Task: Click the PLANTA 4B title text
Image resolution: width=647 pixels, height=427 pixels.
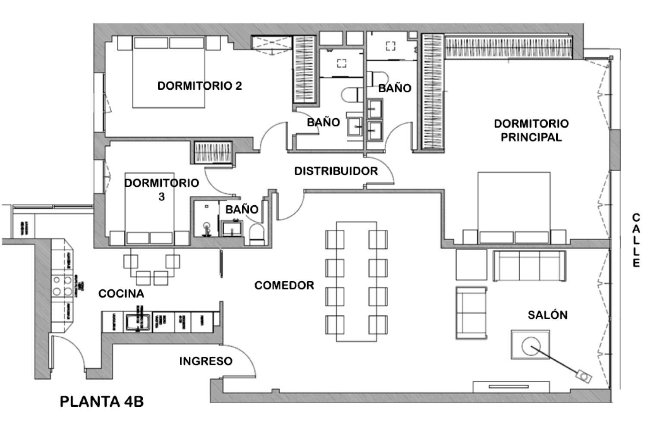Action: (x=101, y=402)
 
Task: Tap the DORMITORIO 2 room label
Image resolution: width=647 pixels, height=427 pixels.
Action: (x=199, y=86)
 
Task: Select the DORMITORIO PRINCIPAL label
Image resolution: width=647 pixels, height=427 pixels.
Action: (x=531, y=130)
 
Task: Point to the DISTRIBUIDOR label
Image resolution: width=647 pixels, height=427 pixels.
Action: (x=336, y=171)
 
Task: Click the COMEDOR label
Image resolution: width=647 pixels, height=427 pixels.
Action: (x=284, y=286)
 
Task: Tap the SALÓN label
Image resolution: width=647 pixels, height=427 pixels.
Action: (x=547, y=315)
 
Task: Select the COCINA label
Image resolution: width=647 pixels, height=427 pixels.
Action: (x=121, y=294)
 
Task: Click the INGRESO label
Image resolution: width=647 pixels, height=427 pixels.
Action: (x=206, y=361)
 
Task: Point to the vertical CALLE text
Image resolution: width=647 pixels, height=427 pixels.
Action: (x=636, y=240)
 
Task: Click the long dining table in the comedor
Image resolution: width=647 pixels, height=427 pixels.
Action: (x=356, y=282)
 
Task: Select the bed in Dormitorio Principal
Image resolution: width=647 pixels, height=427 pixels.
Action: (x=514, y=207)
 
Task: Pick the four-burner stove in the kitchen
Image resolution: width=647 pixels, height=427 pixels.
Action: (x=62, y=286)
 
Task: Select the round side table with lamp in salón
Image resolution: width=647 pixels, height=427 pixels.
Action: (x=530, y=345)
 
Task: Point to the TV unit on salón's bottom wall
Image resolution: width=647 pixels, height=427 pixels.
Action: (x=511, y=386)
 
